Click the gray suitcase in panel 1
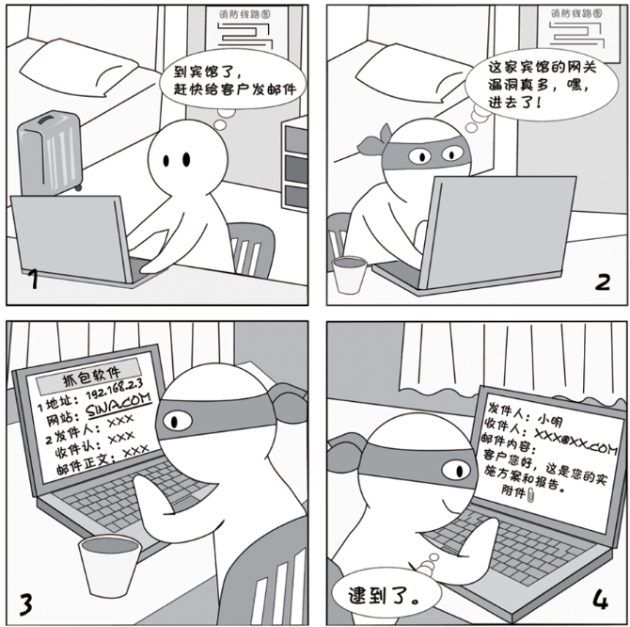tap(50, 150)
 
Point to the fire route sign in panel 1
tap(246, 33)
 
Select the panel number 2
tap(603, 280)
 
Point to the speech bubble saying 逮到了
tap(375, 593)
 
